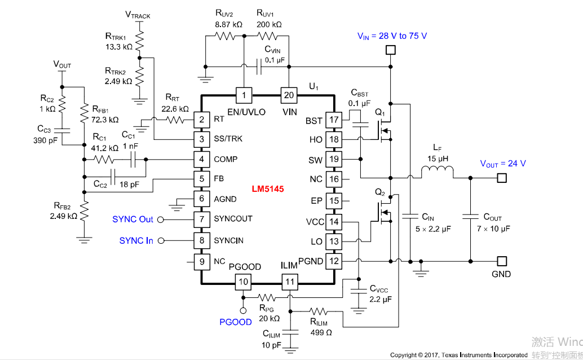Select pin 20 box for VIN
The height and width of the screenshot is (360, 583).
click(289, 95)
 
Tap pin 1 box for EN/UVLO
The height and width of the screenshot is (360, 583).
click(244, 95)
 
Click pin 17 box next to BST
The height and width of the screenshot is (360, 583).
click(334, 120)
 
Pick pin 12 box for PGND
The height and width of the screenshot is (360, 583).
click(334, 261)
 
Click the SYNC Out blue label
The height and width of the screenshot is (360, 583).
click(132, 219)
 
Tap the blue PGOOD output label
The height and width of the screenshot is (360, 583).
click(236, 322)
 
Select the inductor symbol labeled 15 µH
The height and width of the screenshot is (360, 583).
click(438, 173)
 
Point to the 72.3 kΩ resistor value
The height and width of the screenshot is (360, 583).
click(105, 120)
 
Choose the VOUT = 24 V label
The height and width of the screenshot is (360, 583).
click(503, 164)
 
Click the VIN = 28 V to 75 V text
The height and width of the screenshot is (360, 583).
click(392, 36)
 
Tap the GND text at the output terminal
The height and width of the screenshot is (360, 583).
click(501, 274)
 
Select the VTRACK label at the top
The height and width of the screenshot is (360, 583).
click(138, 15)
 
